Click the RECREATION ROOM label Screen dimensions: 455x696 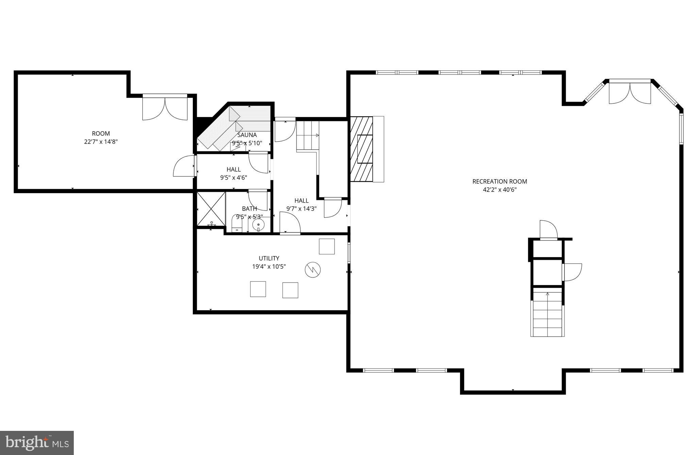pyautogui.click(x=499, y=182)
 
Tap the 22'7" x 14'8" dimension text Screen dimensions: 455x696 pyautogui.click(x=101, y=142)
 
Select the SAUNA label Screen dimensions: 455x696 pyautogui.click(x=247, y=135)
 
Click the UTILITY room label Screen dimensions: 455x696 pyautogui.click(x=269, y=258)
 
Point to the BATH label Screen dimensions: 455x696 pyautogui.click(x=249, y=208)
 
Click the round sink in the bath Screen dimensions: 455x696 pyautogui.click(x=258, y=225)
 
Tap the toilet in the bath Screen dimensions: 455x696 pyautogui.click(x=237, y=224)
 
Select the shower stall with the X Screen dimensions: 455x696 pyautogui.click(x=211, y=209)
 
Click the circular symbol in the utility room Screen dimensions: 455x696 pyautogui.click(x=312, y=270)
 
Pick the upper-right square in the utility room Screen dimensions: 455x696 pyautogui.click(x=326, y=247)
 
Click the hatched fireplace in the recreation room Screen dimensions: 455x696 pyautogui.click(x=362, y=149)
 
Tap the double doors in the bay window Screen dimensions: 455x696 pyautogui.click(x=630, y=93)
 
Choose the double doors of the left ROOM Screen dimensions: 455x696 pyautogui.click(x=165, y=108)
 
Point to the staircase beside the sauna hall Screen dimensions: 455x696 pyautogui.click(x=308, y=135)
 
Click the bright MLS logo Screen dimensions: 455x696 pyautogui.click(x=37, y=442)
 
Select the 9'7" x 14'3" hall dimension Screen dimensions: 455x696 pyautogui.click(x=301, y=209)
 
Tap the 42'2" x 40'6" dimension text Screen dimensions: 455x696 pyautogui.click(x=499, y=190)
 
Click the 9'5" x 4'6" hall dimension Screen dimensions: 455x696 pyautogui.click(x=233, y=178)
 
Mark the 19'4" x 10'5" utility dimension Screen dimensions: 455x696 pyautogui.click(x=269, y=267)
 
